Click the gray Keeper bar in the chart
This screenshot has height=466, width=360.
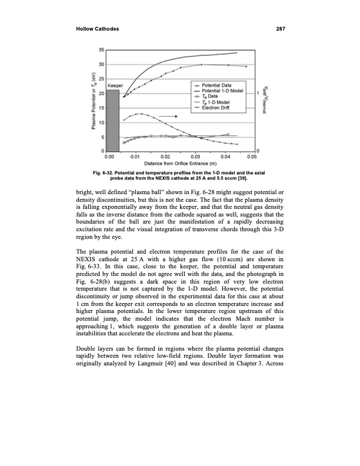tap(113, 121)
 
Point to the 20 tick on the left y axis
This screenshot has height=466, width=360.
tap(102, 94)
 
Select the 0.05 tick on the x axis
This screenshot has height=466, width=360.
tap(252, 157)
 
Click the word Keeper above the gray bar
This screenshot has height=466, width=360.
tap(115, 86)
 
